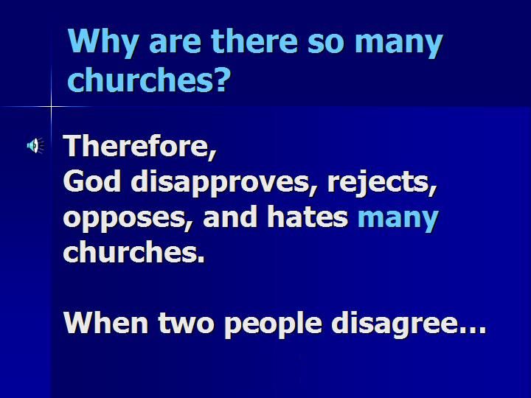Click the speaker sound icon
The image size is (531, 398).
click(x=35, y=145)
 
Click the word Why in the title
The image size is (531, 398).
click(x=104, y=42)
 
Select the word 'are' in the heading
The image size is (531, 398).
click(x=175, y=43)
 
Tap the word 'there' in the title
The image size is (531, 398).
click(x=254, y=41)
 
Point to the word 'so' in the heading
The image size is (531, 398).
click(x=326, y=43)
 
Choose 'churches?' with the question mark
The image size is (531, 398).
click(x=149, y=79)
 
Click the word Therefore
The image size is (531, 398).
click(x=139, y=146)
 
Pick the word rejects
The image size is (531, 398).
click(x=382, y=183)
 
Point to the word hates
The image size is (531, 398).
click(x=308, y=216)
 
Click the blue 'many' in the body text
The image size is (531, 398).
click(x=398, y=219)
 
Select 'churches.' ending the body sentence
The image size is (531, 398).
click(x=134, y=251)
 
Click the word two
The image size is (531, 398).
click(x=186, y=324)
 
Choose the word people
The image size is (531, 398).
click(x=273, y=324)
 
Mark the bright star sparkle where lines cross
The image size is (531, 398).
click(x=52, y=107)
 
